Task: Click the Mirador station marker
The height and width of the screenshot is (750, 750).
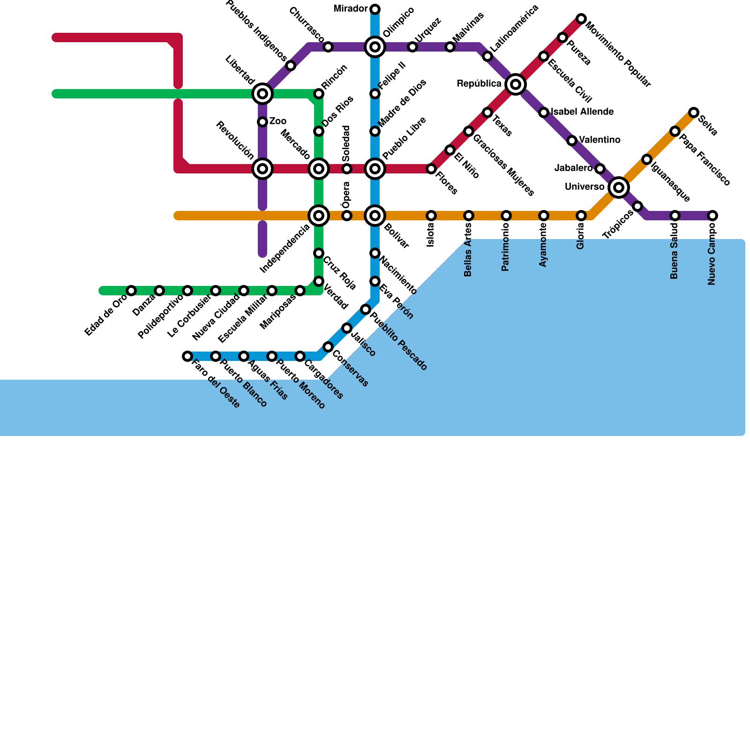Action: point(375,9)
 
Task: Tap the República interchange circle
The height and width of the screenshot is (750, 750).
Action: point(516,84)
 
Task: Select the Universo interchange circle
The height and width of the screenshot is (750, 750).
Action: point(619,187)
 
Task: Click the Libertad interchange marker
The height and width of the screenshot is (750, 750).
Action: point(262,94)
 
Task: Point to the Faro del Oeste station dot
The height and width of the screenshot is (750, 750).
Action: point(187,356)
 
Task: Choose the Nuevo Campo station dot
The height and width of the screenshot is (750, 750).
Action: point(712,216)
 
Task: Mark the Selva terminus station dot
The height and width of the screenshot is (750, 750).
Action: point(694,112)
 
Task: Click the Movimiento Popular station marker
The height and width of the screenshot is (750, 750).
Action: point(581,19)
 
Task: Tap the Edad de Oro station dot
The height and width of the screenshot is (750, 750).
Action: point(131,291)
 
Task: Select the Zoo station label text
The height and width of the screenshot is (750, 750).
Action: point(278,121)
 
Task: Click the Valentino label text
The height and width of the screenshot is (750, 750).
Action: point(600,140)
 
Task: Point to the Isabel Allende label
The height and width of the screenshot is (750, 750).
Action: point(582,112)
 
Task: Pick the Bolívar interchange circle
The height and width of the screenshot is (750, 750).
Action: point(375,216)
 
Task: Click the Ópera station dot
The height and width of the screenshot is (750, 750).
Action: point(347,216)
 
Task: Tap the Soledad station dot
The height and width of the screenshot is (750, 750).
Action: point(347,169)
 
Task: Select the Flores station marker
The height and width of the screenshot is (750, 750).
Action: point(431,169)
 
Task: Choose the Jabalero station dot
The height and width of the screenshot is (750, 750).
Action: point(600,169)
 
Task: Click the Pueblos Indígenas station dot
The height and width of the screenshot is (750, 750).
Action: point(291,66)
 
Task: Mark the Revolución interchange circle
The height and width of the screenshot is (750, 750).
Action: point(262,169)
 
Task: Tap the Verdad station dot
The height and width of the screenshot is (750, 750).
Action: point(319,281)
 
